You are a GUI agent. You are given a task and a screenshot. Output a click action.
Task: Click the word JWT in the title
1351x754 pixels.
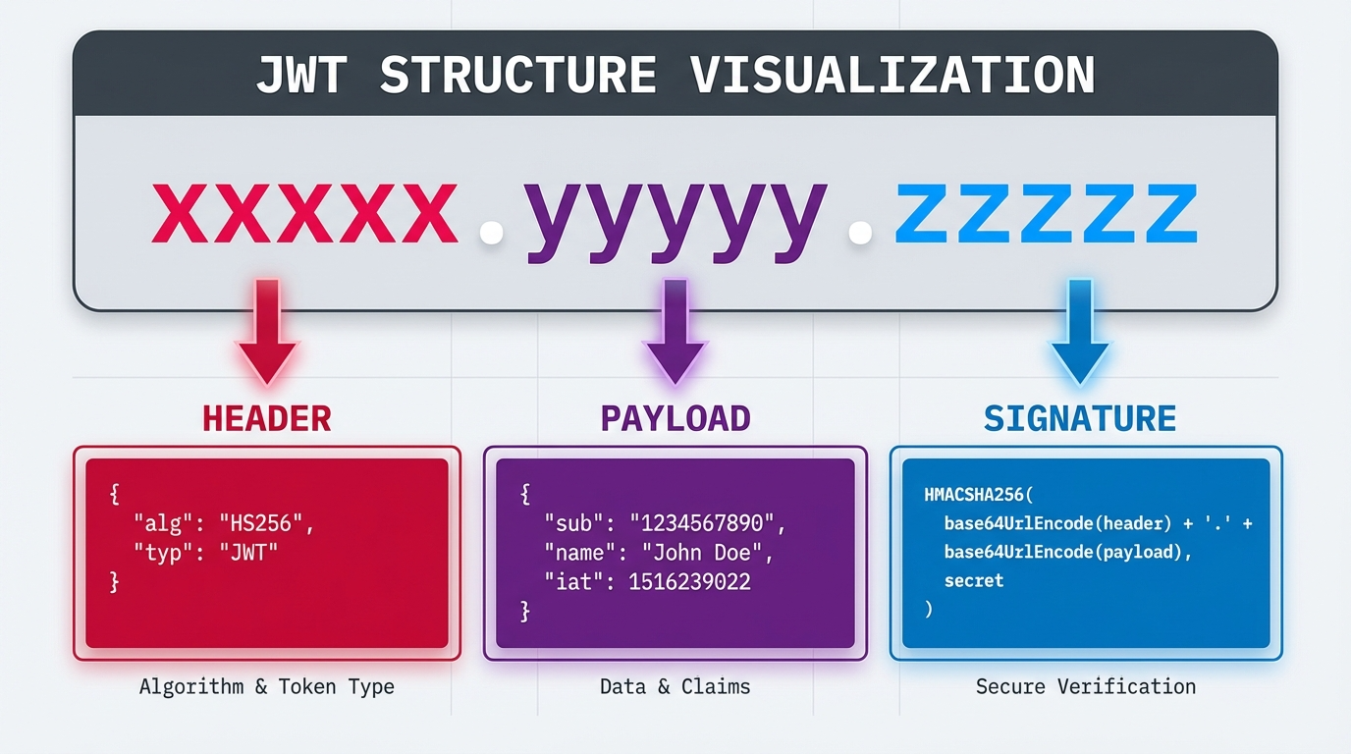click(x=301, y=75)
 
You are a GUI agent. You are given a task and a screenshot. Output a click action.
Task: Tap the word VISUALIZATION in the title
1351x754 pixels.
click(x=892, y=75)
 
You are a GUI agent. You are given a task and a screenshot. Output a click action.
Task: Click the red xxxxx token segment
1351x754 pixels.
click(x=304, y=213)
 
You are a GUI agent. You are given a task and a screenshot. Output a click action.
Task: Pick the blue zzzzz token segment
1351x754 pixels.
click(x=1047, y=213)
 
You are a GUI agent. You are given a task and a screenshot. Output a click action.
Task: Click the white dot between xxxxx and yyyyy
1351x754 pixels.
click(x=492, y=233)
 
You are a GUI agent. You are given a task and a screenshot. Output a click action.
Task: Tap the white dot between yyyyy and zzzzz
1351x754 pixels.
click(x=860, y=233)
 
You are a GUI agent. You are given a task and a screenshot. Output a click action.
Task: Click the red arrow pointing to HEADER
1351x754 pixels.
click(x=267, y=332)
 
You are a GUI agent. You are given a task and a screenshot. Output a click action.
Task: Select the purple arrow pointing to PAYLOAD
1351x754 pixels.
click(x=675, y=332)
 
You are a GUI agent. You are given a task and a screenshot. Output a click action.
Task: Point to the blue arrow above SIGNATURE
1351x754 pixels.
click(x=1080, y=332)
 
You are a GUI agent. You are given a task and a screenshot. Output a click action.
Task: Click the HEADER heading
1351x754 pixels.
click(x=267, y=418)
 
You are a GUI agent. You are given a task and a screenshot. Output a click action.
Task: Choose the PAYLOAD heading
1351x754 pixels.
click(x=675, y=418)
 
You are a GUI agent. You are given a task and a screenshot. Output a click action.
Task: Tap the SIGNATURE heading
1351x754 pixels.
click(x=1080, y=418)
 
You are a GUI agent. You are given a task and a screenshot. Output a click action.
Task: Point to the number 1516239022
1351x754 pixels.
click(x=689, y=582)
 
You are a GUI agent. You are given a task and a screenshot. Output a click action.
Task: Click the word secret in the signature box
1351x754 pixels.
click(x=973, y=581)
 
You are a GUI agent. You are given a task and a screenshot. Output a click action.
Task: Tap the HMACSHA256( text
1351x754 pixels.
click(x=978, y=495)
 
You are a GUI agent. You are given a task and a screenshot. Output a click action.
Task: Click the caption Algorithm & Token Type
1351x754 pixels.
click(x=267, y=686)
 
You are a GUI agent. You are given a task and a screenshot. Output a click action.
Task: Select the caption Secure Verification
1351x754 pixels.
click(x=1086, y=686)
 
